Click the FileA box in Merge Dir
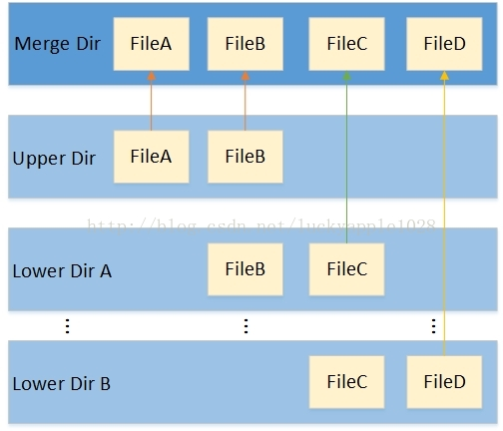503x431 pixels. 152,44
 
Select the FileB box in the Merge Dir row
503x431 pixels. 246,44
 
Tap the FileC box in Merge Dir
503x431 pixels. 347,44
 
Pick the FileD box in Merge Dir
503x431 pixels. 444,44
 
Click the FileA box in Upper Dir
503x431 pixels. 152,157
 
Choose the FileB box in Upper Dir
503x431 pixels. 246,157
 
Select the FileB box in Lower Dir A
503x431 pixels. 246,269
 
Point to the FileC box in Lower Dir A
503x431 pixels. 347,269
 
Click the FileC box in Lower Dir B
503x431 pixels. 347,382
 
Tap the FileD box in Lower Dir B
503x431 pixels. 444,382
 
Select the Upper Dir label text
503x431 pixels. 54,159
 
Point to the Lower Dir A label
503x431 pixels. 62,270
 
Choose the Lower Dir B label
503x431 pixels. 62,383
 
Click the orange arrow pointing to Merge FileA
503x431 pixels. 152,100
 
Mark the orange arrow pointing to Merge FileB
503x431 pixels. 246,100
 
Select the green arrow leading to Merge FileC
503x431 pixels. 347,150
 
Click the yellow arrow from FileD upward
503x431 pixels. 444,200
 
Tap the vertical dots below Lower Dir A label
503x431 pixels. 67,326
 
